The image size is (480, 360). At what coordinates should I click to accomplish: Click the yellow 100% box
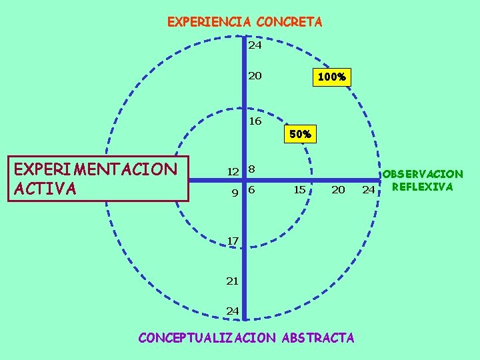tap(331, 77)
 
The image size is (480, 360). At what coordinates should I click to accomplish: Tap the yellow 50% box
tap(300, 134)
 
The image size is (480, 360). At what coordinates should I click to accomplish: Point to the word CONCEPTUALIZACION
tap(206, 337)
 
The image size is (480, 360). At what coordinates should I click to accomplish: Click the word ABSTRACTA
tap(318, 337)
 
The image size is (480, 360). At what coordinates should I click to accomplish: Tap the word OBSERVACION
tap(423, 174)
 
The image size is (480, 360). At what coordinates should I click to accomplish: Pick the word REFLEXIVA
tap(423, 187)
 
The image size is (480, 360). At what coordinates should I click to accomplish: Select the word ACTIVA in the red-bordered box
tap(45, 188)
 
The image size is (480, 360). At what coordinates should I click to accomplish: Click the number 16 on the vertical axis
tap(255, 121)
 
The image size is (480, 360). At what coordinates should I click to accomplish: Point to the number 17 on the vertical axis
tap(233, 239)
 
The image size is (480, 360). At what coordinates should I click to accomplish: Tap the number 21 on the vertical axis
tap(232, 281)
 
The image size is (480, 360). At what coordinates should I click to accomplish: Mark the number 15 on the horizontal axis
tap(299, 190)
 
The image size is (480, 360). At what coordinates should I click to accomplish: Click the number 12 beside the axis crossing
tap(232, 171)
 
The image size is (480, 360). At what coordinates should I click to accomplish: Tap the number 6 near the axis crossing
tap(251, 190)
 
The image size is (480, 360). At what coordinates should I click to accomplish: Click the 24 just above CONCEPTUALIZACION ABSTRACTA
tap(232, 311)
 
